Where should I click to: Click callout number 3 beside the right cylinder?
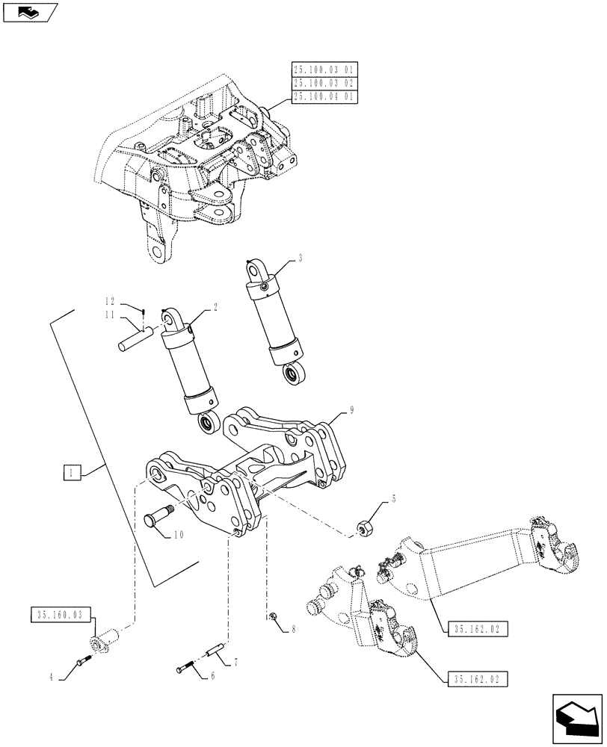coord(300,258)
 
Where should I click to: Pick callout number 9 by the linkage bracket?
coord(351,409)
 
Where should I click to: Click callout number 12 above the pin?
coord(110,302)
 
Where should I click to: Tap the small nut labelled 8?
coord(275,616)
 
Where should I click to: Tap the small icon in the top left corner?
coord(31,11)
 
